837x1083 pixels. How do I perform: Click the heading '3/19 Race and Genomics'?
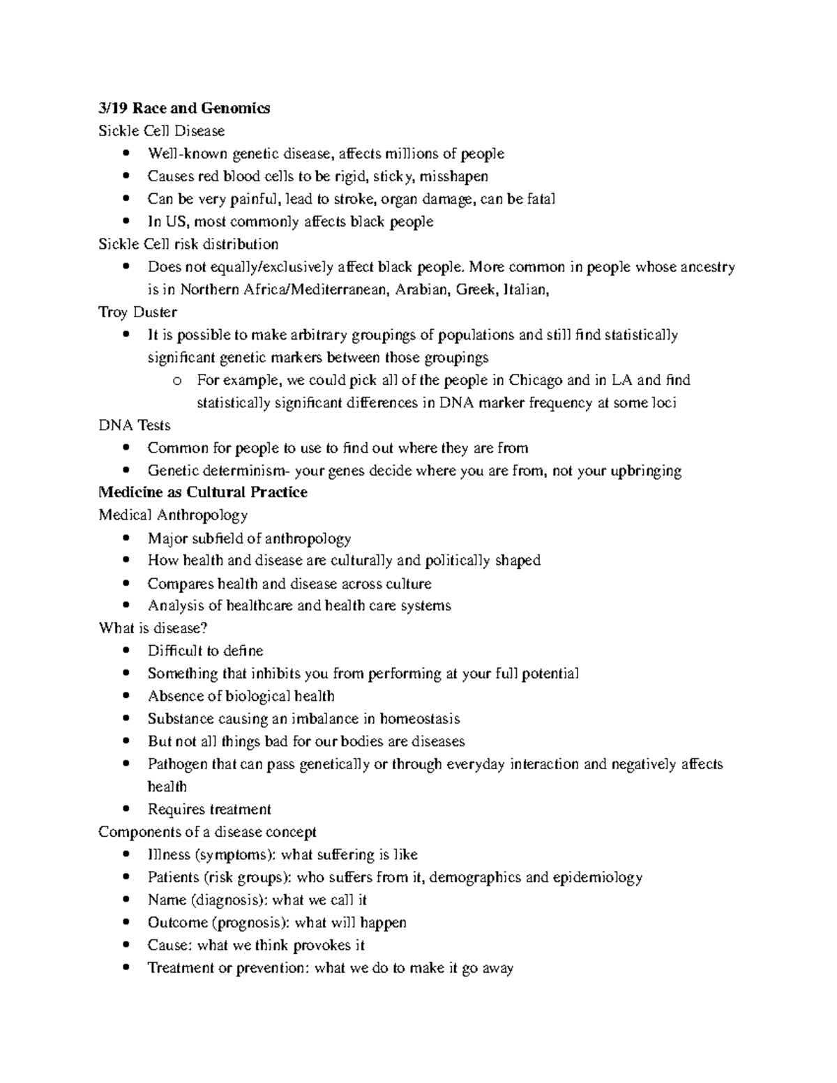click(184, 108)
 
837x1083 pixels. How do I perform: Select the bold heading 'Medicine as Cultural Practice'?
click(203, 492)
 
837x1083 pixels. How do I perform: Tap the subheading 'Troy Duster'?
click(137, 312)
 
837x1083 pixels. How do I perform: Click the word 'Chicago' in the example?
click(536, 380)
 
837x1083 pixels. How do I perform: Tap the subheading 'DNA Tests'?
click(135, 425)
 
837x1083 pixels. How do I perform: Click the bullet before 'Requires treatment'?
click(126, 810)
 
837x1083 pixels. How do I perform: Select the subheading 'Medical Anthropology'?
click(173, 515)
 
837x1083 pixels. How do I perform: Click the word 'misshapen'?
click(455, 176)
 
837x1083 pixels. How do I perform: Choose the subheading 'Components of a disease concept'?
click(207, 832)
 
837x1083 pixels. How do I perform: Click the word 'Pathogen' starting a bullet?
click(177, 764)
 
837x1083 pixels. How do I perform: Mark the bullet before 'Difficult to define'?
click(126, 651)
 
